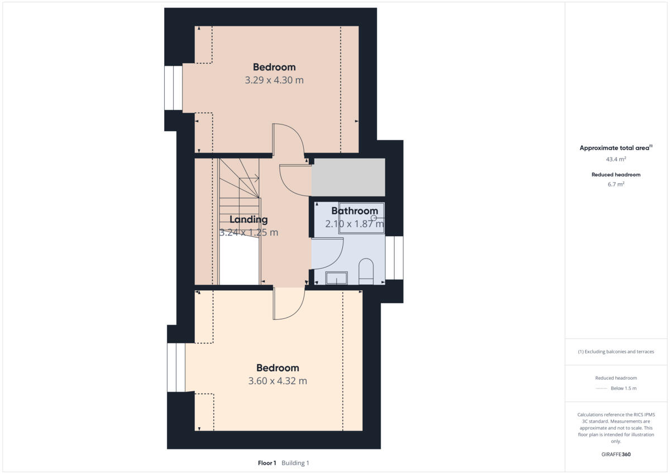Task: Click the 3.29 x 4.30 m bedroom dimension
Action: [x=274, y=80]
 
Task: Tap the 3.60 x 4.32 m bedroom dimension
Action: [x=277, y=381]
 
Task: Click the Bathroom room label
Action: [x=355, y=211]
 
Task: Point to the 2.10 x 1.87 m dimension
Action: [x=355, y=224]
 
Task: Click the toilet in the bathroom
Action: [x=366, y=269]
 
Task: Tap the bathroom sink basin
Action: [x=336, y=277]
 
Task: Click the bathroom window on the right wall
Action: [x=394, y=258]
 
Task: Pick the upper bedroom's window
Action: [x=173, y=88]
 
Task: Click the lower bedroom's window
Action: [x=176, y=367]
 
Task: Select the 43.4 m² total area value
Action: [x=616, y=159]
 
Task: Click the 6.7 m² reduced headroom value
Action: [x=616, y=184]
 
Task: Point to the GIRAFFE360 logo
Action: [x=616, y=454]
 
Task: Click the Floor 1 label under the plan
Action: [x=267, y=463]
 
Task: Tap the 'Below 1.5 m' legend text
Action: [x=623, y=389]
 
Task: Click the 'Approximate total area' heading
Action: [x=615, y=148]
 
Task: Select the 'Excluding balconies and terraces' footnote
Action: [x=616, y=352]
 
